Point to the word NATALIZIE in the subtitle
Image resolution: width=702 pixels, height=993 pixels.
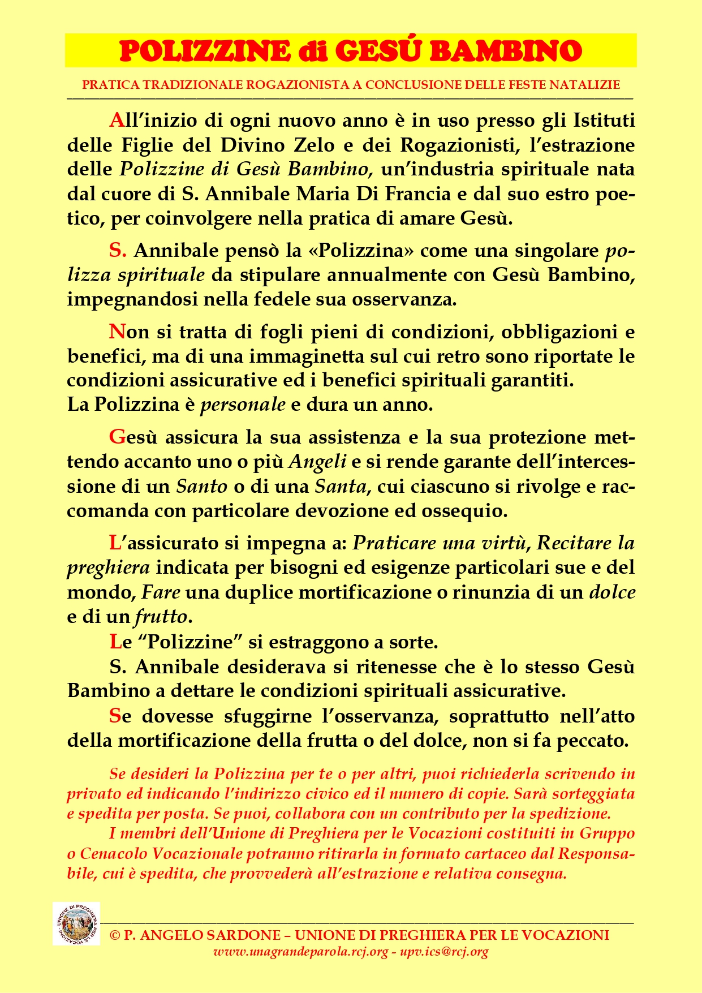pos(587,85)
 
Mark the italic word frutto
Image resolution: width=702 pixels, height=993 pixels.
pos(160,616)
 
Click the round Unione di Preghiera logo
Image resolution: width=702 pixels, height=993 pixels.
pos(76,923)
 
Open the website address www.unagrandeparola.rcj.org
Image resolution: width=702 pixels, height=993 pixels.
pos(300,952)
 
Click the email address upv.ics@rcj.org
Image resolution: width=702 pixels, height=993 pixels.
pos(444,952)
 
